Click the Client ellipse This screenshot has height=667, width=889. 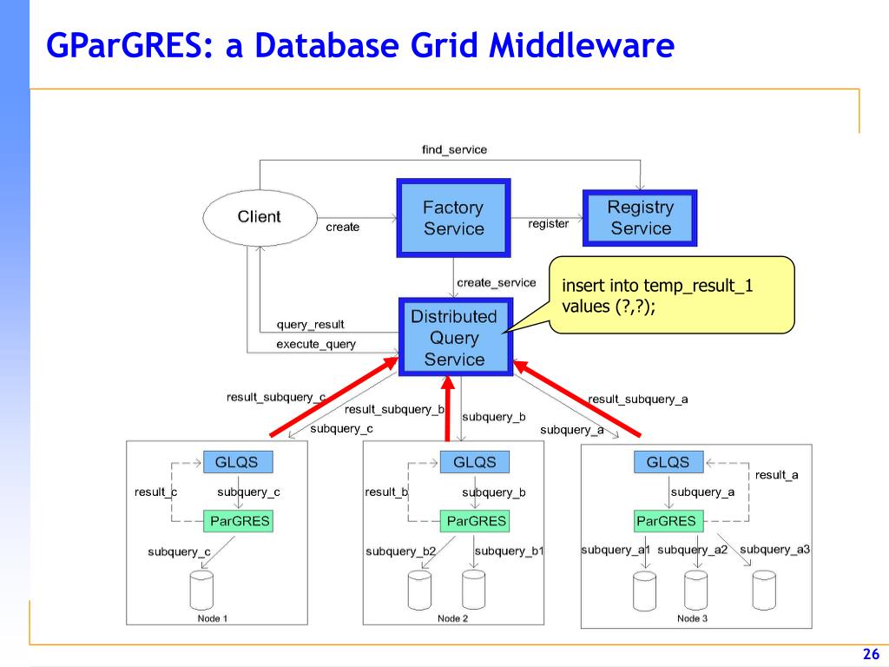coord(259,217)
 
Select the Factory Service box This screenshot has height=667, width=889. coord(453,218)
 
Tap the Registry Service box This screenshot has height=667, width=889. coord(641,218)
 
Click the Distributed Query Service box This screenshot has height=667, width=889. coord(454,338)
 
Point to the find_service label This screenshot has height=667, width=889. coord(454,149)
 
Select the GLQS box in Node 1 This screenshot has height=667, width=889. coord(237,462)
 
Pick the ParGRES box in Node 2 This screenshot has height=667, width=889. coord(475,521)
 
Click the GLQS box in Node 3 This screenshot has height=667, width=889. coord(668,462)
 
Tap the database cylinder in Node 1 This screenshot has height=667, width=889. coord(201,590)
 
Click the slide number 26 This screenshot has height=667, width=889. coord(871,654)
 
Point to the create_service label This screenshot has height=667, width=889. coord(497,282)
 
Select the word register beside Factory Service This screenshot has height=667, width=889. coord(549,224)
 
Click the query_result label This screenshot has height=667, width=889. coord(310,325)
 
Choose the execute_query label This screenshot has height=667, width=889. coord(316,345)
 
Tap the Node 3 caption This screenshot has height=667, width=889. coord(692,618)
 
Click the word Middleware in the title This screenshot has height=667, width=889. coord(581,45)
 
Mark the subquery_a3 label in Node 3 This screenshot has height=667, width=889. coord(774,549)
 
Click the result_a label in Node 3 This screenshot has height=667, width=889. coord(776,475)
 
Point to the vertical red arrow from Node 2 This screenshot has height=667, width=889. coord(449,408)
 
